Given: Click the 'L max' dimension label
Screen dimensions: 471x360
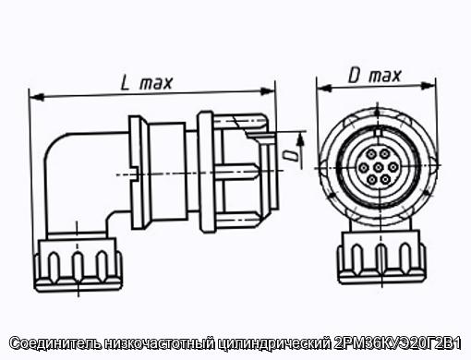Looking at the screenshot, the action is point(146,83).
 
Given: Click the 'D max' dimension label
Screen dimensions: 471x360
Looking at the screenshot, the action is point(375,76).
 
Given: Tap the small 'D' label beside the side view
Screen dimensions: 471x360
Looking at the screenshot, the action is point(290,156).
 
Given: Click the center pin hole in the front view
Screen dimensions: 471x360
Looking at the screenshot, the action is point(378,167).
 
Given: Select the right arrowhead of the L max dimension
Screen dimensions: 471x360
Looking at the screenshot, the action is point(267,90).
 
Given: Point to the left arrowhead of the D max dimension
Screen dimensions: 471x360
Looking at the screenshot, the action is point(324,89).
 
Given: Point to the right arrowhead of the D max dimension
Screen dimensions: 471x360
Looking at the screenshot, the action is point(428,86).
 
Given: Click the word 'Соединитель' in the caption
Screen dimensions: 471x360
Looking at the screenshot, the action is point(55,343).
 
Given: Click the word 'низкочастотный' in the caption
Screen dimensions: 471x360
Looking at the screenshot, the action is point(160,343).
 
